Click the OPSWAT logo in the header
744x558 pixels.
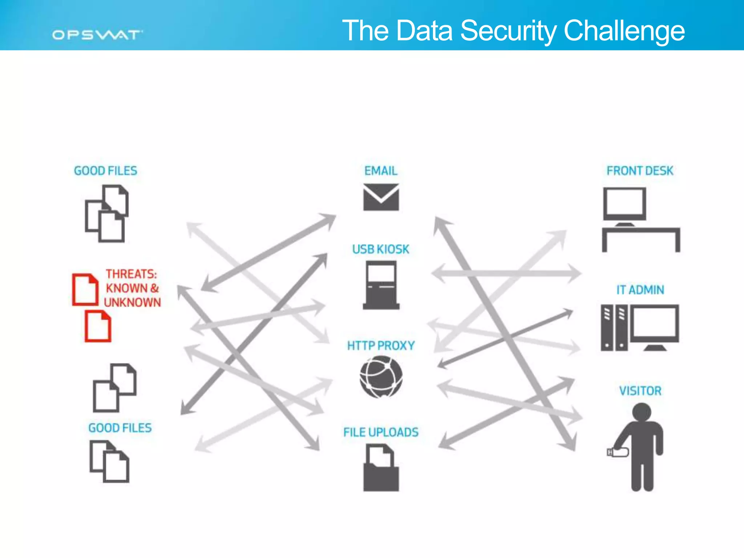point(97,35)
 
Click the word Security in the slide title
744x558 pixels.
point(508,31)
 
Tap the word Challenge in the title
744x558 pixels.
point(624,31)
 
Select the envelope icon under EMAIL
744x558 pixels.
point(381,197)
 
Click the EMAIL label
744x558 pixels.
point(381,171)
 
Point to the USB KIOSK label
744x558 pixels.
point(381,249)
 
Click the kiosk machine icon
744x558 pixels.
point(381,285)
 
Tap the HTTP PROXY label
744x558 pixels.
point(381,345)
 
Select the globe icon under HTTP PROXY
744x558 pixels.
point(381,377)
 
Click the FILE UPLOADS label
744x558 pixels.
point(381,432)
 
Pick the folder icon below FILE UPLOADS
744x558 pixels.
point(381,469)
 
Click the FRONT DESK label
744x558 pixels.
point(640,171)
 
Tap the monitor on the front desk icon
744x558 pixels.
point(624,204)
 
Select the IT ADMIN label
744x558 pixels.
point(640,290)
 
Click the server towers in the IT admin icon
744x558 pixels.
point(614,328)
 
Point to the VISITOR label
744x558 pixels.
point(640,391)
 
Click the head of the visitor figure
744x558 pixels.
point(642,413)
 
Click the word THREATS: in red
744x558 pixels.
point(131,274)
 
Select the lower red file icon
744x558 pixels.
point(98,326)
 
